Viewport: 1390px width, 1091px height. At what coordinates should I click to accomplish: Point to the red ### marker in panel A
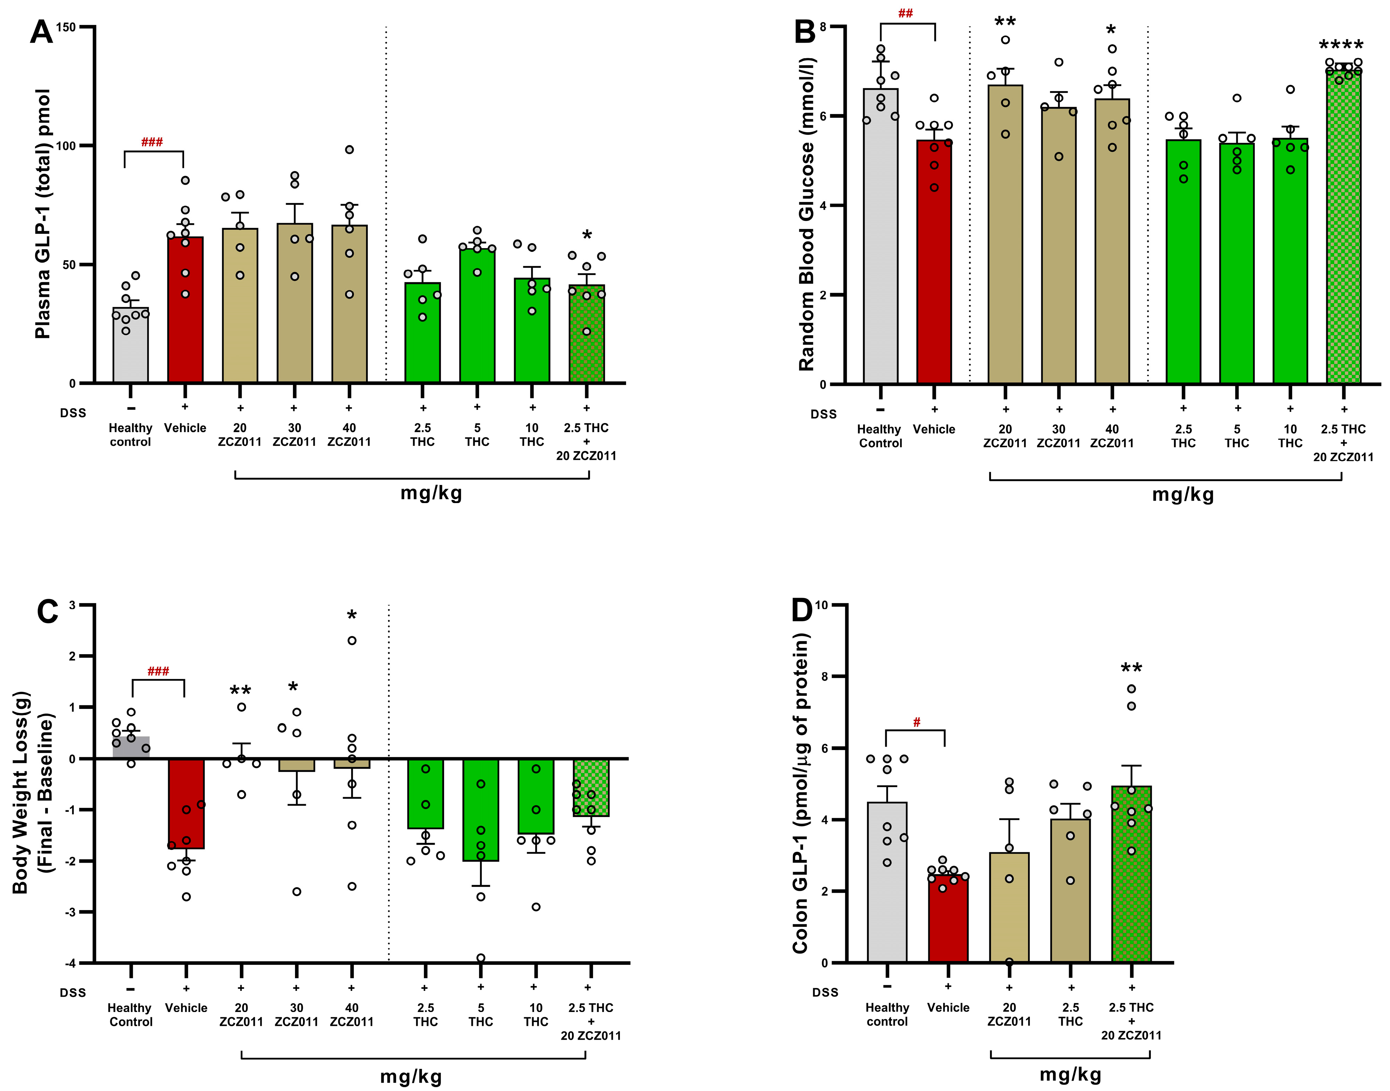click(x=152, y=142)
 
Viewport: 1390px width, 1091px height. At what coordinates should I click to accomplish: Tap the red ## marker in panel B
click(x=905, y=14)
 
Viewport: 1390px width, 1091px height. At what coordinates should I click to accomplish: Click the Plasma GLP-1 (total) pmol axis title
click(x=43, y=214)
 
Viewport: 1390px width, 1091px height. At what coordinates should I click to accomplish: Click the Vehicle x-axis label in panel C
click(x=186, y=1008)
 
